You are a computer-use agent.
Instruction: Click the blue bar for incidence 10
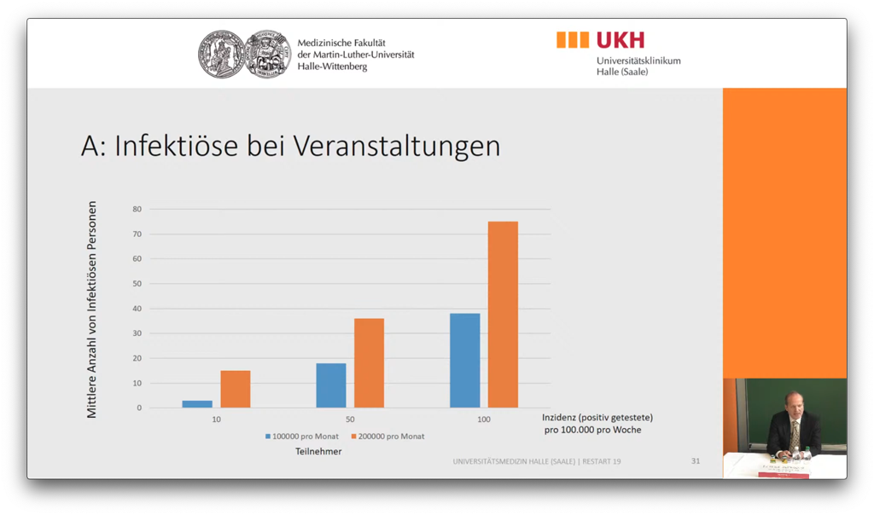coord(197,403)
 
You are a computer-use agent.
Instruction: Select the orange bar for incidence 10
coord(236,389)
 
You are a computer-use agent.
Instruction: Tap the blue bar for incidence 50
coord(331,385)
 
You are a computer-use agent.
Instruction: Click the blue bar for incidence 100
coord(465,361)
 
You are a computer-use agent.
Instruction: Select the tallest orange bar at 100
coord(503,315)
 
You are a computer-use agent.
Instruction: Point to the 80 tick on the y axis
coord(137,209)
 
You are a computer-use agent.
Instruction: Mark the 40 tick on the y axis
coord(137,309)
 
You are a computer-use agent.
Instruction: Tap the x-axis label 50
coord(350,420)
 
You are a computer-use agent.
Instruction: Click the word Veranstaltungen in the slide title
coord(396,146)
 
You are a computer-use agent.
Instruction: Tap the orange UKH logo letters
coord(621,40)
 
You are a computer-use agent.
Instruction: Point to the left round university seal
coord(221,55)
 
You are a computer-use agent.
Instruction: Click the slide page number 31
coord(696,461)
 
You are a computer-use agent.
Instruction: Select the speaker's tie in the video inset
coord(795,435)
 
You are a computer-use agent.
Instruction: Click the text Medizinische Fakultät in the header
coord(341,43)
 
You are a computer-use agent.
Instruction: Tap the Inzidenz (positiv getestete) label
coord(597,417)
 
